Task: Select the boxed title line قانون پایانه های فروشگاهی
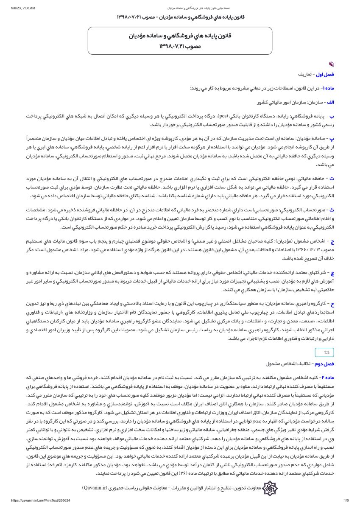pos(180,36)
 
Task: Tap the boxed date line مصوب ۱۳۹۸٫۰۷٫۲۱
pos(180,46)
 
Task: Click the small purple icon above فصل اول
pos(331,64)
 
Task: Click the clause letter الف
pos(330,102)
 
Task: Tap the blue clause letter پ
pos(332,138)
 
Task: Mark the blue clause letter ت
pos(332,179)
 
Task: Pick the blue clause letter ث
pos(332,210)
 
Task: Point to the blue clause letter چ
pos(332,272)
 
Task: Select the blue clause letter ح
pos(332,304)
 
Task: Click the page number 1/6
pos(346,501)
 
